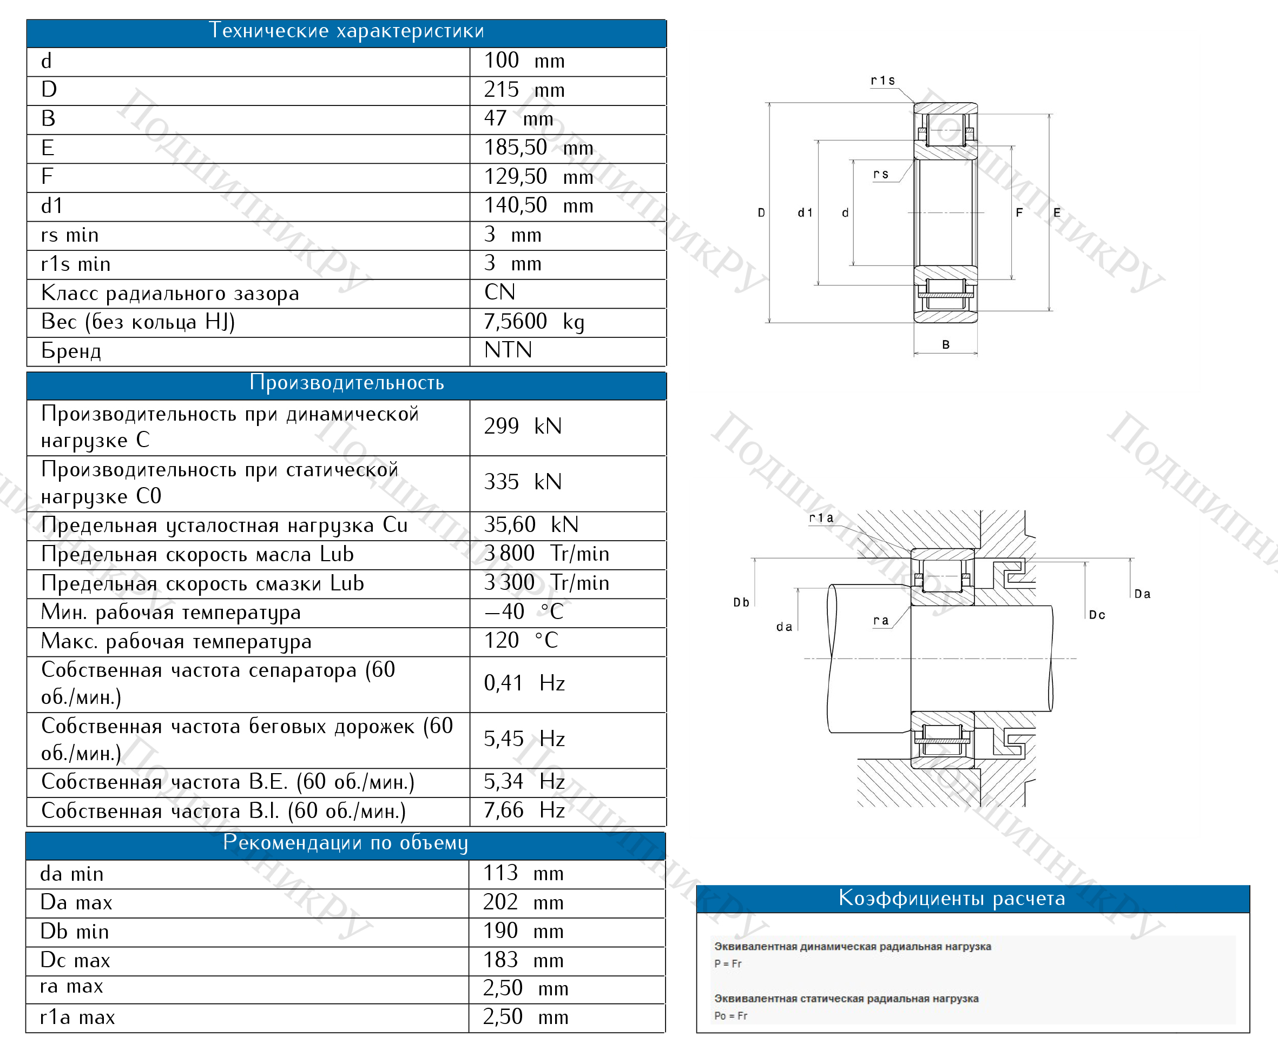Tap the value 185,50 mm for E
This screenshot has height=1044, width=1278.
(538, 148)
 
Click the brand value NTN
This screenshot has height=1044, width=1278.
(508, 350)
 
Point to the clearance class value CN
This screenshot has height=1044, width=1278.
(499, 293)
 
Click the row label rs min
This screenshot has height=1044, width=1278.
(70, 235)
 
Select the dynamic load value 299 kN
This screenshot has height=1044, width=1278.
(522, 427)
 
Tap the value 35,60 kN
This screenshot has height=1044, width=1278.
(531, 525)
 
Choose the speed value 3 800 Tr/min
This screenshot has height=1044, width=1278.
(546, 554)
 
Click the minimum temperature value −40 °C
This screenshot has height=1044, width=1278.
(523, 612)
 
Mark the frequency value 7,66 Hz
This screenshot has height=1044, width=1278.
(524, 810)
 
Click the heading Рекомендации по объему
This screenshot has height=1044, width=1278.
(345, 843)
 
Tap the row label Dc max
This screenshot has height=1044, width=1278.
(75, 960)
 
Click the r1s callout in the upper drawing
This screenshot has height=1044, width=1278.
(882, 81)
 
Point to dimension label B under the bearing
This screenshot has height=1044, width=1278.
(946, 344)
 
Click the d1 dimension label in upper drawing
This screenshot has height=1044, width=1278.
(805, 213)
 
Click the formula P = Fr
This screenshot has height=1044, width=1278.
(728, 963)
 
